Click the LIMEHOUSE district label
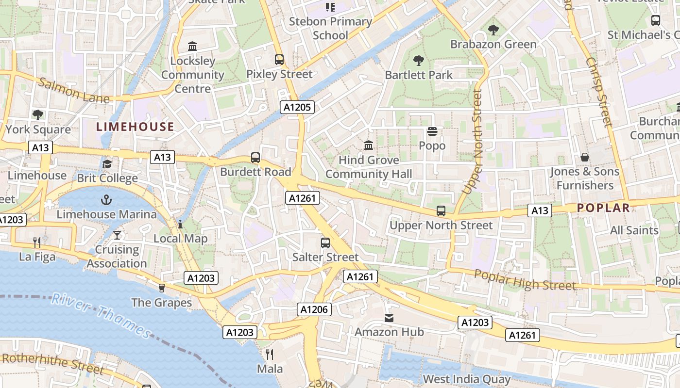(x=135, y=127)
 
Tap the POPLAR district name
(x=603, y=208)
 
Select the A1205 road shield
(x=297, y=107)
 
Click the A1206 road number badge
(x=314, y=309)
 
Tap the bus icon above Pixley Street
(x=279, y=60)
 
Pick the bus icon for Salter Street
(x=325, y=242)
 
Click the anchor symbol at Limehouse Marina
(x=106, y=199)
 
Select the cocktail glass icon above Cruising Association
(x=117, y=235)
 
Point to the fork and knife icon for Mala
(x=270, y=354)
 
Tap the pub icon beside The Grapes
(x=162, y=288)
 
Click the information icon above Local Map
(x=180, y=224)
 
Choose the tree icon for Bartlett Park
(x=418, y=61)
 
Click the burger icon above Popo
(x=432, y=131)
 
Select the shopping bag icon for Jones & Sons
(x=585, y=157)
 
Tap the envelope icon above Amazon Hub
(x=389, y=318)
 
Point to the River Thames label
(x=101, y=315)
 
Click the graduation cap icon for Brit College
(x=107, y=164)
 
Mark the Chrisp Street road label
(x=599, y=92)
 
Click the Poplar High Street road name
(x=525, y=280)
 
